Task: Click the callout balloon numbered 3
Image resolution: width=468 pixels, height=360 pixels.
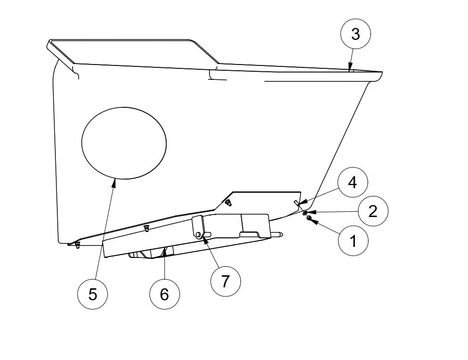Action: pos(355,35)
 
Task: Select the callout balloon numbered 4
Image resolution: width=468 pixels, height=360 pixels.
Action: pos(352,183)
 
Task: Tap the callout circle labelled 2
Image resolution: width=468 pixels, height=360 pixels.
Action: pos(373,211)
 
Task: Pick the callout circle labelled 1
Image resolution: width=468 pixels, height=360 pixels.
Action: pos(353,240)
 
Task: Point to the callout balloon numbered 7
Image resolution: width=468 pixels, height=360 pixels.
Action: pos(226,281)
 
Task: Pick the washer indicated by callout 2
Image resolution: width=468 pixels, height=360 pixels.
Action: pos(305,212)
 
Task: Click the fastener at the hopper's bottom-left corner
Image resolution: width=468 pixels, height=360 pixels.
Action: pos(77,245)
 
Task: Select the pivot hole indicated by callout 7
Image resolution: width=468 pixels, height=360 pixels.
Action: pos(198,234)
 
